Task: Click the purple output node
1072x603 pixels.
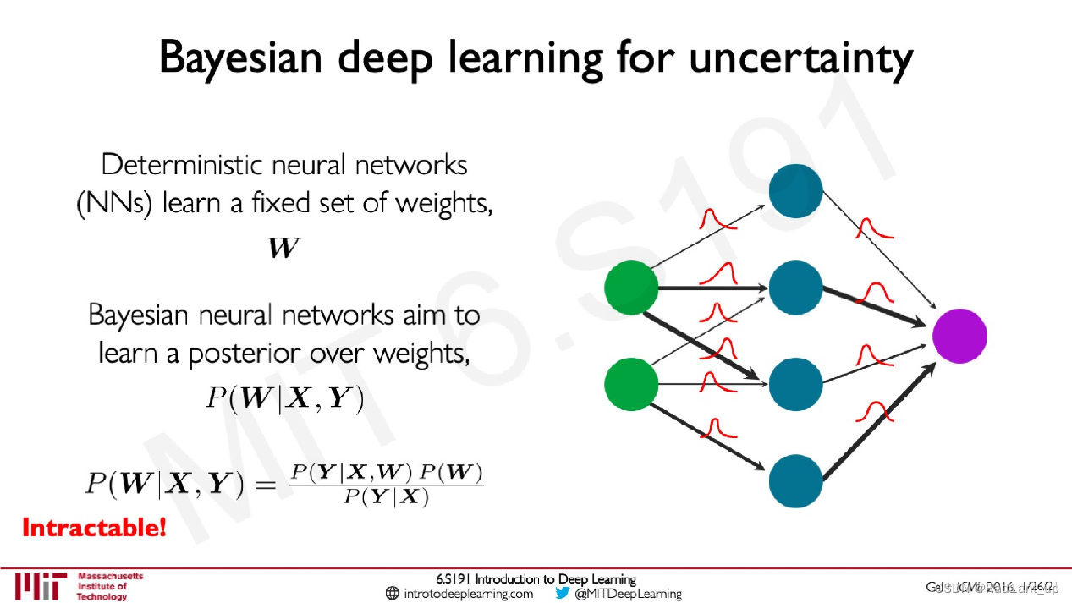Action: point(959,336)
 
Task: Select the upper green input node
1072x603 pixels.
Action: point(631,288)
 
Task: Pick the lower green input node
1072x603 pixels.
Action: point(631,385)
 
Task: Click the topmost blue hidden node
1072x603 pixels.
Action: point(795,191)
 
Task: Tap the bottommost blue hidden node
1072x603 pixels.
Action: point(795,480)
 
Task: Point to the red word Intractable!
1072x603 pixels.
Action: point(93,529)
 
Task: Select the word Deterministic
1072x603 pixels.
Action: point(178,164)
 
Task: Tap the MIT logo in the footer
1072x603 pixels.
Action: point(40,585)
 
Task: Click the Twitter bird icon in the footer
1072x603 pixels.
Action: point(563,593)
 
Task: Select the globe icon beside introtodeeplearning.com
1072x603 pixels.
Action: point(392,594)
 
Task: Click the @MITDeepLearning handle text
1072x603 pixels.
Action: point(628,594)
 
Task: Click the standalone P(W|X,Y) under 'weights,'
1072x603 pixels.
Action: point(284,397)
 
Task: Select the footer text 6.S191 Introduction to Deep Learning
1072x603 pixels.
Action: point(536,579)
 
